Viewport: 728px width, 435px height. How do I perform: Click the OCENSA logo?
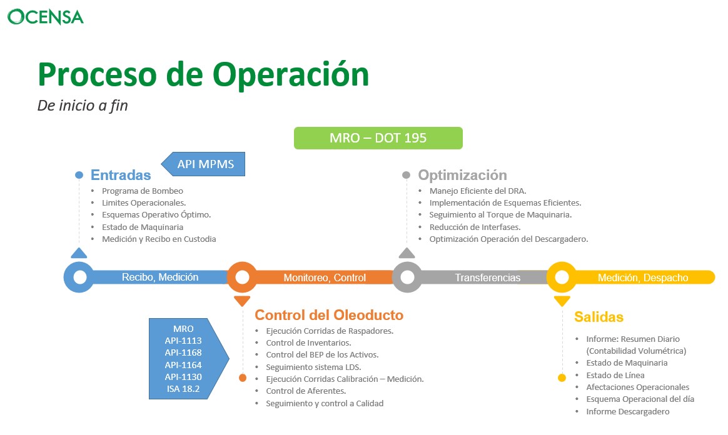[46, 16]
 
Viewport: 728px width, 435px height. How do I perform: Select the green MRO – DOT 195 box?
[378, 138]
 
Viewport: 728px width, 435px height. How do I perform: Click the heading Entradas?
[121, 175]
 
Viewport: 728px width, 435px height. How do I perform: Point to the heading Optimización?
[462, 175]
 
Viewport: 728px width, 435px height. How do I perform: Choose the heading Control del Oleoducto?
[329, 315]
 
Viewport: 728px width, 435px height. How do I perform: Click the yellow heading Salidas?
[599, 317]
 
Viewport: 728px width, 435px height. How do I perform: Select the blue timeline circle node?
[79, 277]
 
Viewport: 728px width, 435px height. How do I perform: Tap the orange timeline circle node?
[242, 277]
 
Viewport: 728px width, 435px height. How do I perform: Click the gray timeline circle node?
[407, 277]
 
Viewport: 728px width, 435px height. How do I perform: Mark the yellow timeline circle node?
[562, 277]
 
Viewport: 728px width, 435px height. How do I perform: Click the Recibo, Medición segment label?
[160, 277]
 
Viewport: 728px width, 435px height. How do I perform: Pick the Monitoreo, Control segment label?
[325, 277]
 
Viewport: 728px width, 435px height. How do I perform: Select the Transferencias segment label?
[487, 277]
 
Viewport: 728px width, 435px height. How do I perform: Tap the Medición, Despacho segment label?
[642, 277]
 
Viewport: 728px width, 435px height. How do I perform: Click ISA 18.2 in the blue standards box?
[183, 389]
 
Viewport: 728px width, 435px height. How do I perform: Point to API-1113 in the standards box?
[183, 341]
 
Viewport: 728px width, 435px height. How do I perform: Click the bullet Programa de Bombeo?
[143, 191]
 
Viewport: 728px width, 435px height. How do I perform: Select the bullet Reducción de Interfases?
[475, 227]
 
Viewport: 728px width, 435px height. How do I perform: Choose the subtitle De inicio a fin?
[83, 106]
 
